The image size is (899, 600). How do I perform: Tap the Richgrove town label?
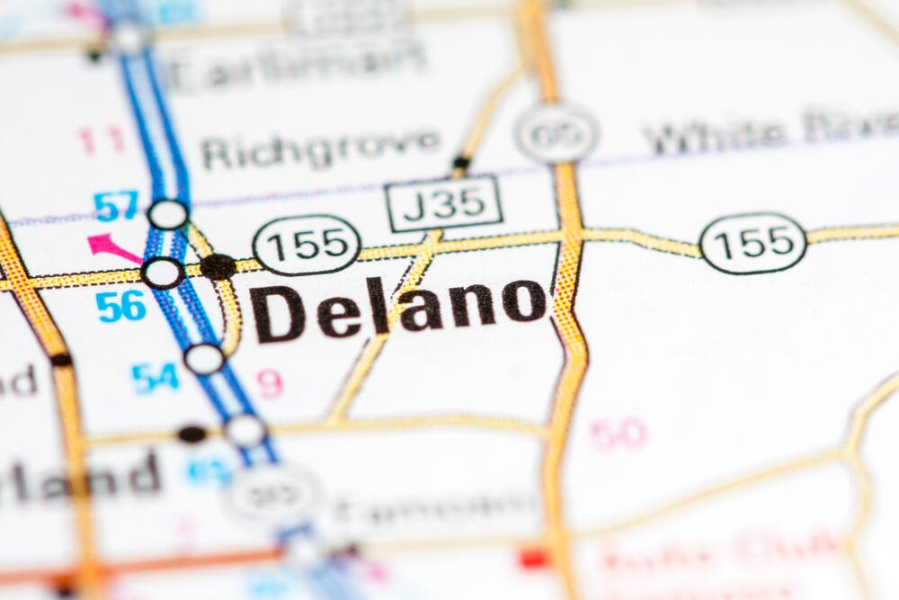pos(320,149)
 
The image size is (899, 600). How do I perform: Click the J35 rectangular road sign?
pos(444,203)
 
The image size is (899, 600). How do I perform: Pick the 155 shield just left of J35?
pos(307,244)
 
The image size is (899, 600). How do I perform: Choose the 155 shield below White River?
pos(753,242)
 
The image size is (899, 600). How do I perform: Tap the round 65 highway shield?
pos(557,132)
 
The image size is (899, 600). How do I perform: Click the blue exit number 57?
pos(117,206)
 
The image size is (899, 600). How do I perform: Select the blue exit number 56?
pos(121,306)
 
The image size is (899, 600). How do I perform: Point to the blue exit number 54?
pos(156,378)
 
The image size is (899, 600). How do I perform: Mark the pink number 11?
pos(100,140)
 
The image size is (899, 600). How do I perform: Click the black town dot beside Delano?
pos(218,266)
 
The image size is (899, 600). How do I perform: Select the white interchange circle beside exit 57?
pos(168,214)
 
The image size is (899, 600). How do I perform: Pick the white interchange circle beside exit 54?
pos(205,359)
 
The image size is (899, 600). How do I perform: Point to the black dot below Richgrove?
pos(461,164)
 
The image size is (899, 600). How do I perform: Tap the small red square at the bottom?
pos(533,558)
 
